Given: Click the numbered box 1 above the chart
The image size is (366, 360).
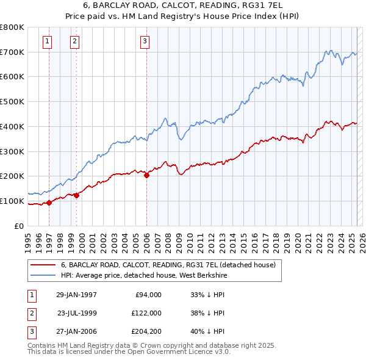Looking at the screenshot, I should click(48, 41).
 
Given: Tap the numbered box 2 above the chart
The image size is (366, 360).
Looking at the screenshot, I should click(74, 41).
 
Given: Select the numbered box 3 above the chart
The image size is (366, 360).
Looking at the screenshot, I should click(145, 41).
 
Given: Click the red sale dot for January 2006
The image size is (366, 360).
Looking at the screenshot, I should click(146, 175).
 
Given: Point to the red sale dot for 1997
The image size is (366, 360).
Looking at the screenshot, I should click(49, 203).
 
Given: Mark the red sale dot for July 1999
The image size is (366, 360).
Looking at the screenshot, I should click(76, 195).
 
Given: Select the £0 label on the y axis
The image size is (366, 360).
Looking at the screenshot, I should click(20, 226).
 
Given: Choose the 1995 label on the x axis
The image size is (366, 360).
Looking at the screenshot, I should click(27, 240).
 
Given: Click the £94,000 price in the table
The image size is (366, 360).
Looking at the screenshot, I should click(148, 295).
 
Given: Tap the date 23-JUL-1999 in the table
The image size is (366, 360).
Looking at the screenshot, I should click(77, 312).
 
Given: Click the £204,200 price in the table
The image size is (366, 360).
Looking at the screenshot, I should click(146, 331).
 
